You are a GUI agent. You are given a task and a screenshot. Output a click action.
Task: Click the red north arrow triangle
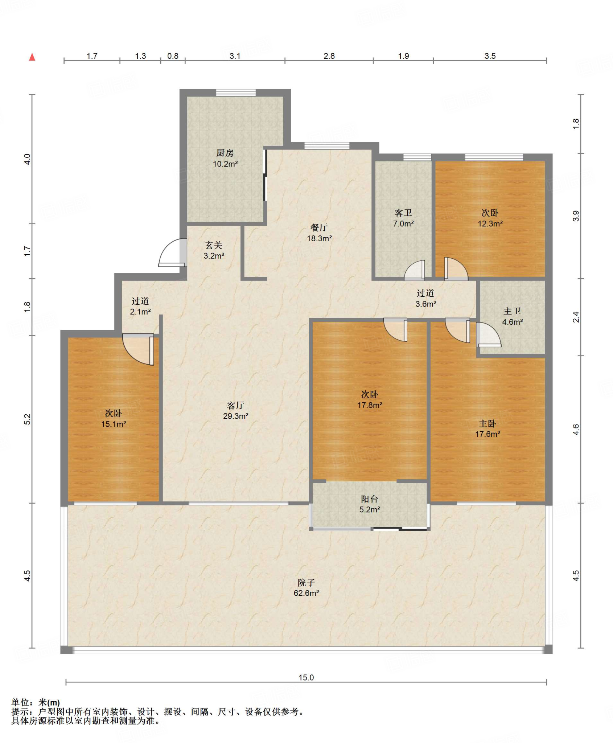click(x=32, y=57)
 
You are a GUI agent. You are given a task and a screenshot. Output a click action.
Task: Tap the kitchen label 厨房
click(x=225, y=153)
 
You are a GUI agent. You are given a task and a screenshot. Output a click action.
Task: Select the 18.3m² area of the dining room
click(x=319, y=238)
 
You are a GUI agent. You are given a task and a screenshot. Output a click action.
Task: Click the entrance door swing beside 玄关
click(x=173, y=253)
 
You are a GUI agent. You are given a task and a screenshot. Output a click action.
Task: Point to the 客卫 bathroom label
click(x=403, y=213)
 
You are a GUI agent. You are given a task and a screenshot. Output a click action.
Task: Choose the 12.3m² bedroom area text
click(x=490, y=223)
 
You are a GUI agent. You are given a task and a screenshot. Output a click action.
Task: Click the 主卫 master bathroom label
click(x=512, y=311)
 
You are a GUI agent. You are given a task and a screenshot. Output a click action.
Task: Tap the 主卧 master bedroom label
click(x=487, y=423)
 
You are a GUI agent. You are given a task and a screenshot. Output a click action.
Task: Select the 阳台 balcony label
click(x=369, y=499)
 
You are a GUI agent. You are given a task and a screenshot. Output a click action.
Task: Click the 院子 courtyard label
click(x=306, y=582)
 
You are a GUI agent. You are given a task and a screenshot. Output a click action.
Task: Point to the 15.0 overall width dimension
click(x=306, y=677)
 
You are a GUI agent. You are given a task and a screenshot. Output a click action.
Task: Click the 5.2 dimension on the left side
click(x=28, y=419)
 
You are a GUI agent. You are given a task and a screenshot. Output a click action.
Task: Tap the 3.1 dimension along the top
click(x=235, y=56)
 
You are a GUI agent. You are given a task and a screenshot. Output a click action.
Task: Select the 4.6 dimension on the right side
click(x=576, y=430)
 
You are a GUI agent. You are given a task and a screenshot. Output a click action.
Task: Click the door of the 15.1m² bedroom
click(x=138, y=349)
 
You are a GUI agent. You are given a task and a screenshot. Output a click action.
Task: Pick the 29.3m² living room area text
click(x=236, y=416)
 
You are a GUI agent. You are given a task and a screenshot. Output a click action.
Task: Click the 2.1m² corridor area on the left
click(x=140, y=311)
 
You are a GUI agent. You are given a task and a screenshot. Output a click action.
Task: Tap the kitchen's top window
click(x=236, y=93)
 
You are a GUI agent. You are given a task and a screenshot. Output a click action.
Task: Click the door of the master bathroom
click(x=489, y=334)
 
